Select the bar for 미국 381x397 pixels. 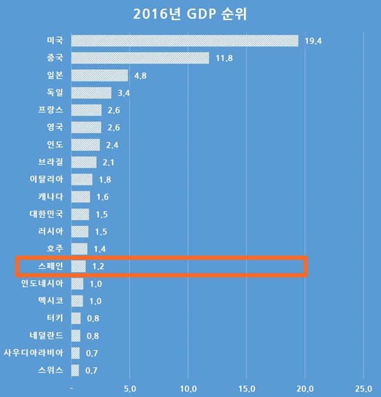click(x=185, y=40)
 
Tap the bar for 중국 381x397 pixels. click(x=140, y=58)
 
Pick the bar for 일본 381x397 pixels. click(x=99, y=76)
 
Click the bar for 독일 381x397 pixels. click(x=91, y=93)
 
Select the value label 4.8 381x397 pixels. click(x=141, y=76)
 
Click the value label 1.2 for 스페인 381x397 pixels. click(x=98, y=267)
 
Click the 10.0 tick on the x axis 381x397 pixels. click(x=188, y=388)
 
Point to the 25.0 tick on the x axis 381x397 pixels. click(x=363, y=388)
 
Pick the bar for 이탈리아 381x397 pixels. click(x=81, y=179)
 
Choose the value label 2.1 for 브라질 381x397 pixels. click(x=108, y=162)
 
